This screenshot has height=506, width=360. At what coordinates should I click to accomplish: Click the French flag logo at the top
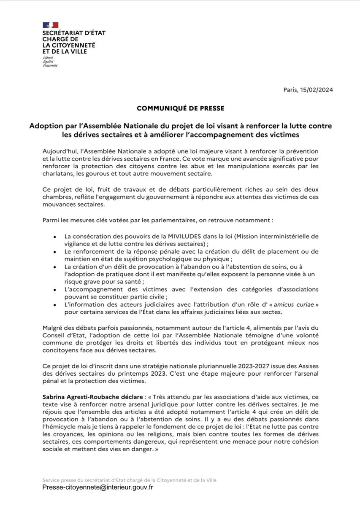point(51,25)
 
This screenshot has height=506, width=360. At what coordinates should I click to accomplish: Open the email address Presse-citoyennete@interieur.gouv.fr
point(97,487)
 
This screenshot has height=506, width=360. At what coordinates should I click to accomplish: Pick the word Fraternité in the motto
point(50,65)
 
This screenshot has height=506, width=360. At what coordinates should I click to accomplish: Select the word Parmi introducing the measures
point(52,220)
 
